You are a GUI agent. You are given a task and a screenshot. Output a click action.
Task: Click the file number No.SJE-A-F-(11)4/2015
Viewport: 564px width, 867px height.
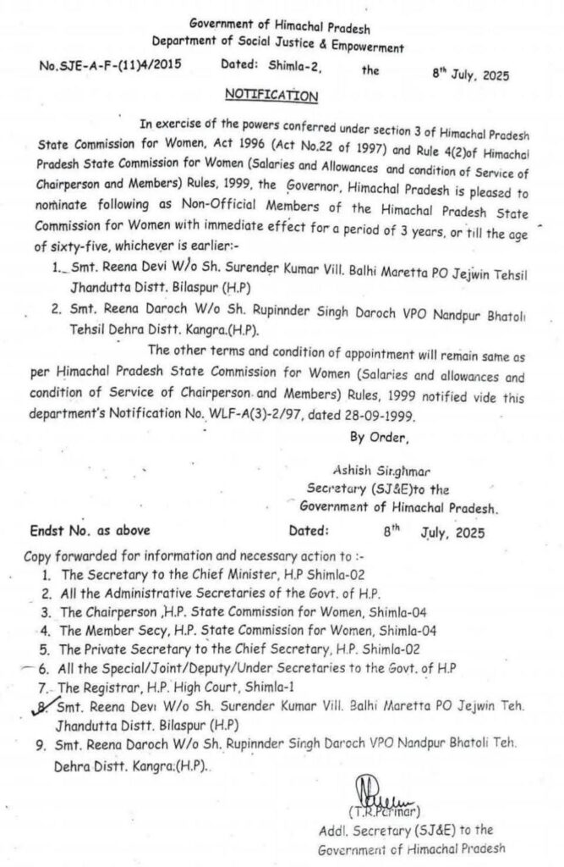tap(110, 64)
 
